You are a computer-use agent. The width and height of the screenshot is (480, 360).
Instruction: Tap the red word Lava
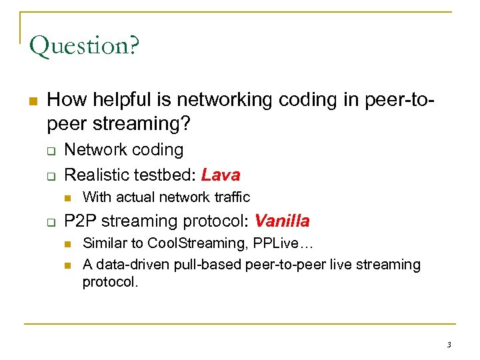pos(221,175)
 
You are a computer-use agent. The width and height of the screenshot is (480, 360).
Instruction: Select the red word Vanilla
pos(282,221)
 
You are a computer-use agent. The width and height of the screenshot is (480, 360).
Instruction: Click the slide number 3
pos(449,344)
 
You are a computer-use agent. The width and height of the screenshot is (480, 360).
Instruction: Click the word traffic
pos(231,197)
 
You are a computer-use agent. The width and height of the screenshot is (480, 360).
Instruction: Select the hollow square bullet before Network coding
pos(50,151)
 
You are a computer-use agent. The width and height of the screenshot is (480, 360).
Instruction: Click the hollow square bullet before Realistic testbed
pos(50,176)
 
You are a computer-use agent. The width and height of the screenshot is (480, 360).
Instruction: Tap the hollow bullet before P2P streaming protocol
pos(50,222)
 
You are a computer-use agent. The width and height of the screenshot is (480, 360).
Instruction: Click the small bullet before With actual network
pos(68,197)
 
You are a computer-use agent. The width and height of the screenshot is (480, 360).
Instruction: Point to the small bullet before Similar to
pos(68,244)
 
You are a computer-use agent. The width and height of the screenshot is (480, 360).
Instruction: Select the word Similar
pos(103,243)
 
